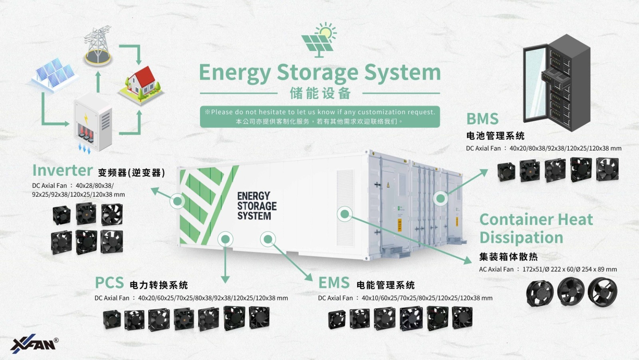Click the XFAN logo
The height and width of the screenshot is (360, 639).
34,344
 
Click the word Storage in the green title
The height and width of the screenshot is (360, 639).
318,73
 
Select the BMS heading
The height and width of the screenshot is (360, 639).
482,119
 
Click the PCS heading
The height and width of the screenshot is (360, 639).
109,283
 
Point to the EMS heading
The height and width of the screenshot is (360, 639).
334,283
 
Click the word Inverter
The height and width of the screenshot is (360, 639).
63,171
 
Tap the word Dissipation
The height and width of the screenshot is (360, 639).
521,238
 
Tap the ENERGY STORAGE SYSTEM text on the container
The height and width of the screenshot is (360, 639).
256,206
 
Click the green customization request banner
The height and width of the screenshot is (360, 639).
319,117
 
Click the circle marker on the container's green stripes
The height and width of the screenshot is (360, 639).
177,201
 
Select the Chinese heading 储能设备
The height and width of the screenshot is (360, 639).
320,93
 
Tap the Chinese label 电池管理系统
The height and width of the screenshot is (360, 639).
495,136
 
